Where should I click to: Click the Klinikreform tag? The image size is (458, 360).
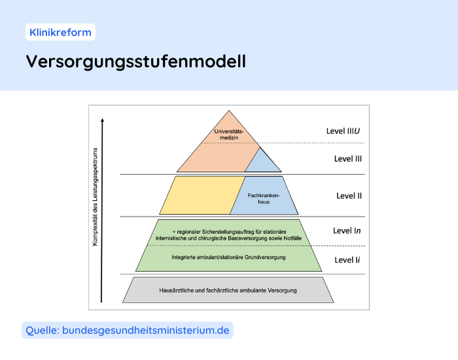(x=60, y=31)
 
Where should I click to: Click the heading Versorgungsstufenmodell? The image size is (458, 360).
(x=136, y=62)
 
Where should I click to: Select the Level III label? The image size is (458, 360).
(x=348, y=158)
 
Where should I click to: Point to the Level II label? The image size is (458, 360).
(x=349, y=196)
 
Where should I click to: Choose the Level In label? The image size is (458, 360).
(x=347, y=230)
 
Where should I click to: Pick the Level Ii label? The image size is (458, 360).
(x=347, y=260)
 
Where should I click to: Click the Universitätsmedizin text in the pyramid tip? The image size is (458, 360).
(x=229, y=135)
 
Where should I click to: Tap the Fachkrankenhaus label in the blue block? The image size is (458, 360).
(x=264, y=198)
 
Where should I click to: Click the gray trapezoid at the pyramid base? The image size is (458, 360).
(x=229, y=290)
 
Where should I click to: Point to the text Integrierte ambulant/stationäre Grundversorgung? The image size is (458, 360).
(x=228, y=257)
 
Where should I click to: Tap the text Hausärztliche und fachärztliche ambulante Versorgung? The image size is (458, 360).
(x=228, y=289)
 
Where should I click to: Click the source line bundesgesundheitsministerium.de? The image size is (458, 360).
(x=145, y=331)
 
